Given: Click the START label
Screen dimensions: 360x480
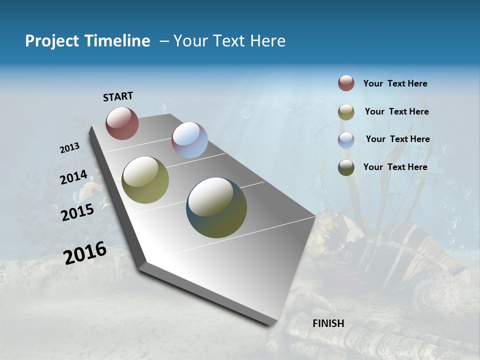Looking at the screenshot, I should coord(118,96).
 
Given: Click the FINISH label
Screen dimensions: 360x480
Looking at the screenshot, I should coord(328,323).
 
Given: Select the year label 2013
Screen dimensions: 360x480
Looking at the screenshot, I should coord(70,148).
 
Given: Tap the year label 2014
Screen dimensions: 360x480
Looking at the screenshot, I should coord(74,177).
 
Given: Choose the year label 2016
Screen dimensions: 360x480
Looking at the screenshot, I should coord(85,252).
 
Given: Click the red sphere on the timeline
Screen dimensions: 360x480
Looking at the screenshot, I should coord(122,123).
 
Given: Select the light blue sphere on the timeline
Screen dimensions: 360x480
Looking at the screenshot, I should coord(189,140).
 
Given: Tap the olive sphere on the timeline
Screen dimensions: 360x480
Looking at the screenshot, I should coord(145,180).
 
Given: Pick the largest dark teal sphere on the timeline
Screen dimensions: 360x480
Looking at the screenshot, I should coord(216,207).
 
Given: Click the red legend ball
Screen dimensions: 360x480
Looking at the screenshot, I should coord(346,83).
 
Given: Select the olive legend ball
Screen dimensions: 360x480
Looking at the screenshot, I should coord(346,112).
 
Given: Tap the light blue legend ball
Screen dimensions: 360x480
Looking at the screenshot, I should coord(346,139).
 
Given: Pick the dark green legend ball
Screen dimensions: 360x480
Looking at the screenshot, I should coord(346,167).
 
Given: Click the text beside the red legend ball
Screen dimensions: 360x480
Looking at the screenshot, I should coord(395,83).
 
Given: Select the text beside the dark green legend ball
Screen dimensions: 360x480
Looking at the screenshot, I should coord(395,167).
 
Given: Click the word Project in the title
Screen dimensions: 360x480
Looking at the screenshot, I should coord(51,41).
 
